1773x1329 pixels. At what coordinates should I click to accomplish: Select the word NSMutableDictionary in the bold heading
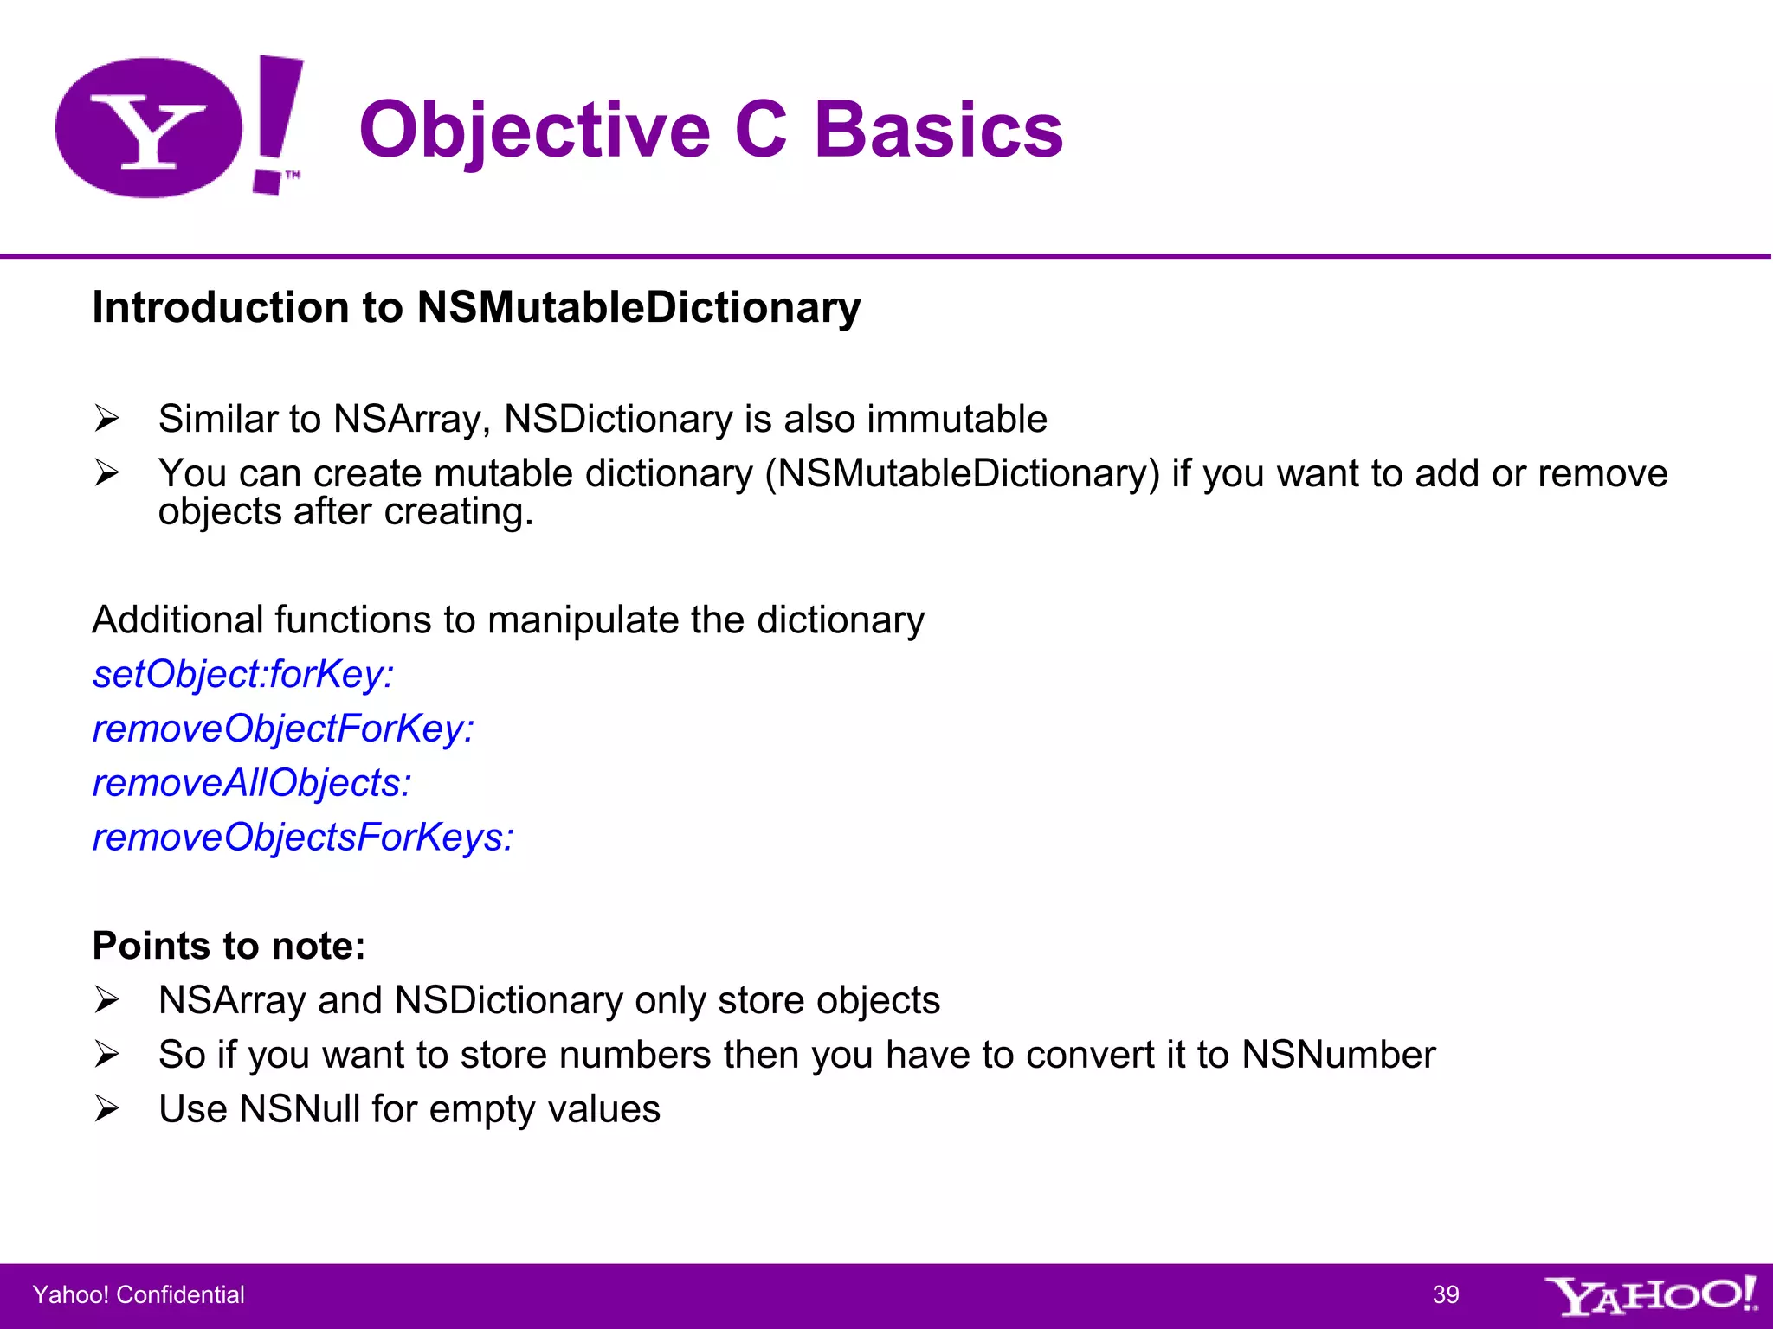639,307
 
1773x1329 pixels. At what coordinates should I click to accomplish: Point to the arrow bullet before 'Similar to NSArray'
106,419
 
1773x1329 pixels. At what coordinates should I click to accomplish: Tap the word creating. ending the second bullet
459,511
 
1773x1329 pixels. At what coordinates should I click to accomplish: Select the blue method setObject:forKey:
243,674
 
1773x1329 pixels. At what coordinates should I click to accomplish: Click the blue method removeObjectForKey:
283,729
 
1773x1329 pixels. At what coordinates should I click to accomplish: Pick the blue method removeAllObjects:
252,783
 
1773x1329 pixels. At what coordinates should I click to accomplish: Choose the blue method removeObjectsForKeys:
303,838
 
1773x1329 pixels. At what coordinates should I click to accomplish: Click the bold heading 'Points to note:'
229,946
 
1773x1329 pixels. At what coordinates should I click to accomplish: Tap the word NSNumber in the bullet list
1338,1055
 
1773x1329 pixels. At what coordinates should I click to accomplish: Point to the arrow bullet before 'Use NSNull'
106,1108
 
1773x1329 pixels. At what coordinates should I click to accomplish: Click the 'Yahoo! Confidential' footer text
139,1294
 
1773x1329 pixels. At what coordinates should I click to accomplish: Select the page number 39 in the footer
1446,1294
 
